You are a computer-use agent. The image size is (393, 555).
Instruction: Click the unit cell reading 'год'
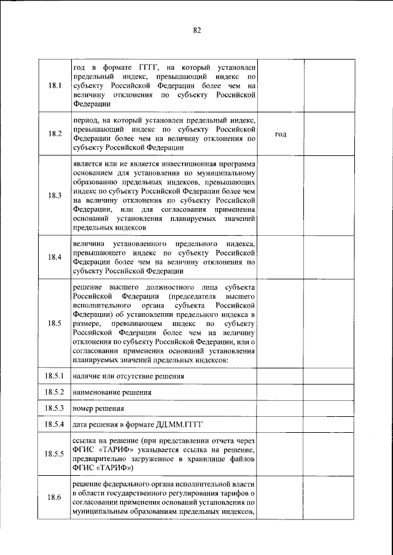point(281,134)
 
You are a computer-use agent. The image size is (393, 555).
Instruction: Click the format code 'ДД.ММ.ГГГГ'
point(180,424)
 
